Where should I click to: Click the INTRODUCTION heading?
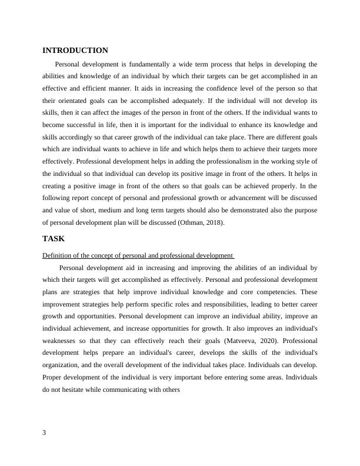(x=75, y=51)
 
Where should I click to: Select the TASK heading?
(x=54, y=239)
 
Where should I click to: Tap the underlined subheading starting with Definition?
(x=138, y=256)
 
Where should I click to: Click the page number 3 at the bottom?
(x=45, y=432)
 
